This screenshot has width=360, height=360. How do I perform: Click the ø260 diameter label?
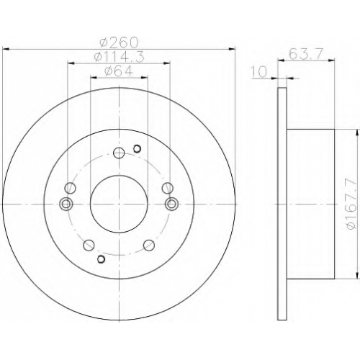click(120, 42)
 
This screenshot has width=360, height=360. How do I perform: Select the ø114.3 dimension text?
click(120, 57)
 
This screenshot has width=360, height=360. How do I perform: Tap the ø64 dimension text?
click(119, 71)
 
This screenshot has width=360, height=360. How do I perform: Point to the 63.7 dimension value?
click(306, 54)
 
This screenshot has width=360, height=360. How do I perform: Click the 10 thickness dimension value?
click(258, 72)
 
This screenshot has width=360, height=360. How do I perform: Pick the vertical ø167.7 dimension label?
click(352, 204)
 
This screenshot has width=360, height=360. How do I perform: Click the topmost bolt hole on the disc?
click(119, 153)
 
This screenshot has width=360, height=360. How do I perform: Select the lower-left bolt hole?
click(89, 245)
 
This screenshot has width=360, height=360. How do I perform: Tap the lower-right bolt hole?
click(149, 245)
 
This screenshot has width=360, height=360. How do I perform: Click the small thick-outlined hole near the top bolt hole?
click(137, 149)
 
